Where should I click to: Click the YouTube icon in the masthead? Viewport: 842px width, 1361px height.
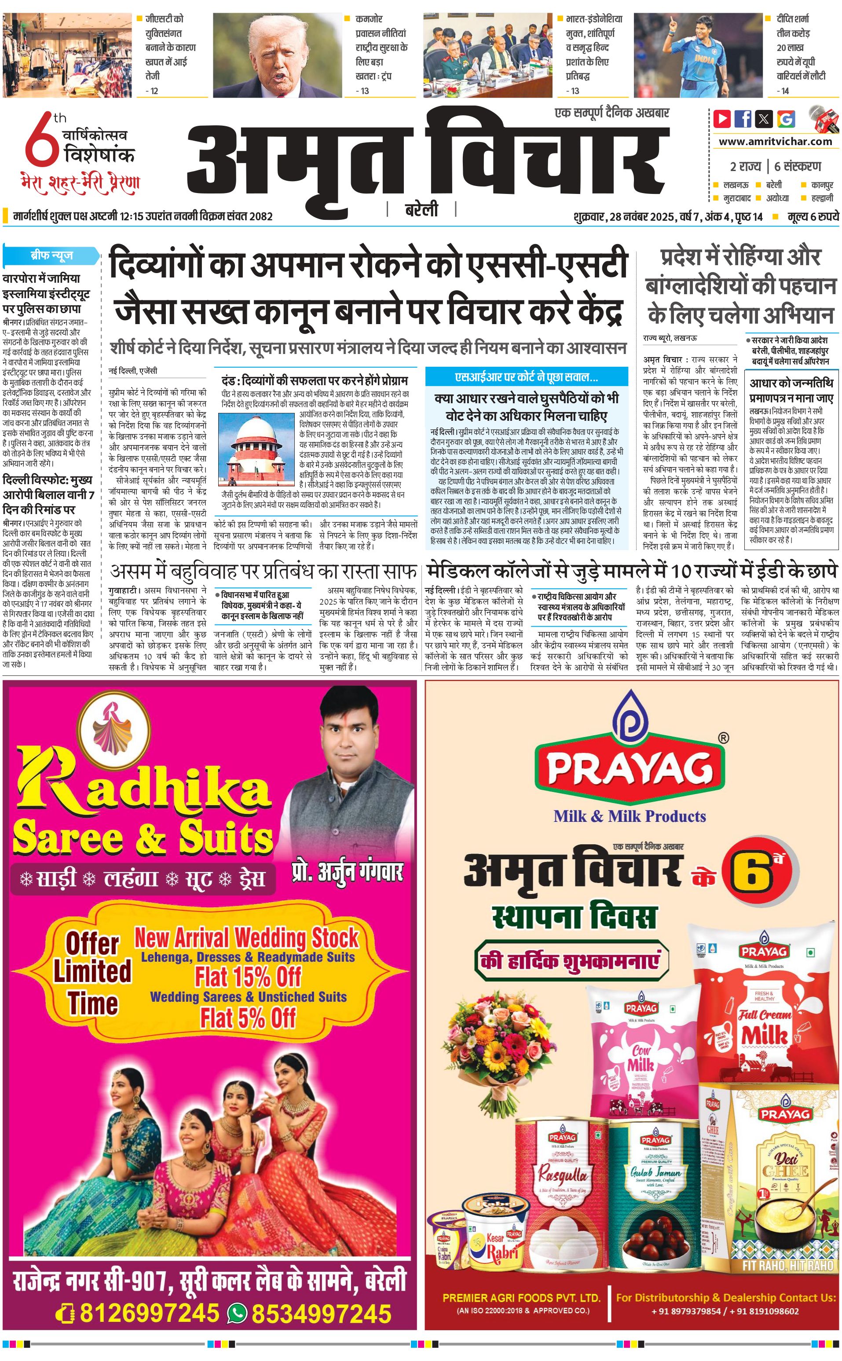[722, 119]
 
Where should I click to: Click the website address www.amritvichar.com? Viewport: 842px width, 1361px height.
[775, 142]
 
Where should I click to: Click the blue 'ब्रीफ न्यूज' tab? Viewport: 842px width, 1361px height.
[51, 256]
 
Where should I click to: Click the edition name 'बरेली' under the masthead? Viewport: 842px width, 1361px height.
[421, 210]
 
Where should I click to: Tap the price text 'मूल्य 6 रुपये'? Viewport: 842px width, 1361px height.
[813, 216]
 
